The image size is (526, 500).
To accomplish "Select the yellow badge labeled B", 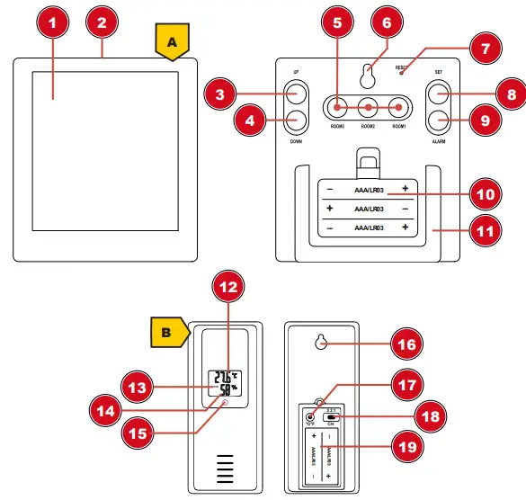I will [164, 333].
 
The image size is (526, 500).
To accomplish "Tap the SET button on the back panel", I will [437, 94].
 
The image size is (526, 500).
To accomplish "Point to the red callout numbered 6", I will [387, 22].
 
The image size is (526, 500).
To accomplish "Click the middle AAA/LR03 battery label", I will [369, 208].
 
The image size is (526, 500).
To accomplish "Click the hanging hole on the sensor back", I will [322, 343].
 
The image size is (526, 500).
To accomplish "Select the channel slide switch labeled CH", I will [334, 417].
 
